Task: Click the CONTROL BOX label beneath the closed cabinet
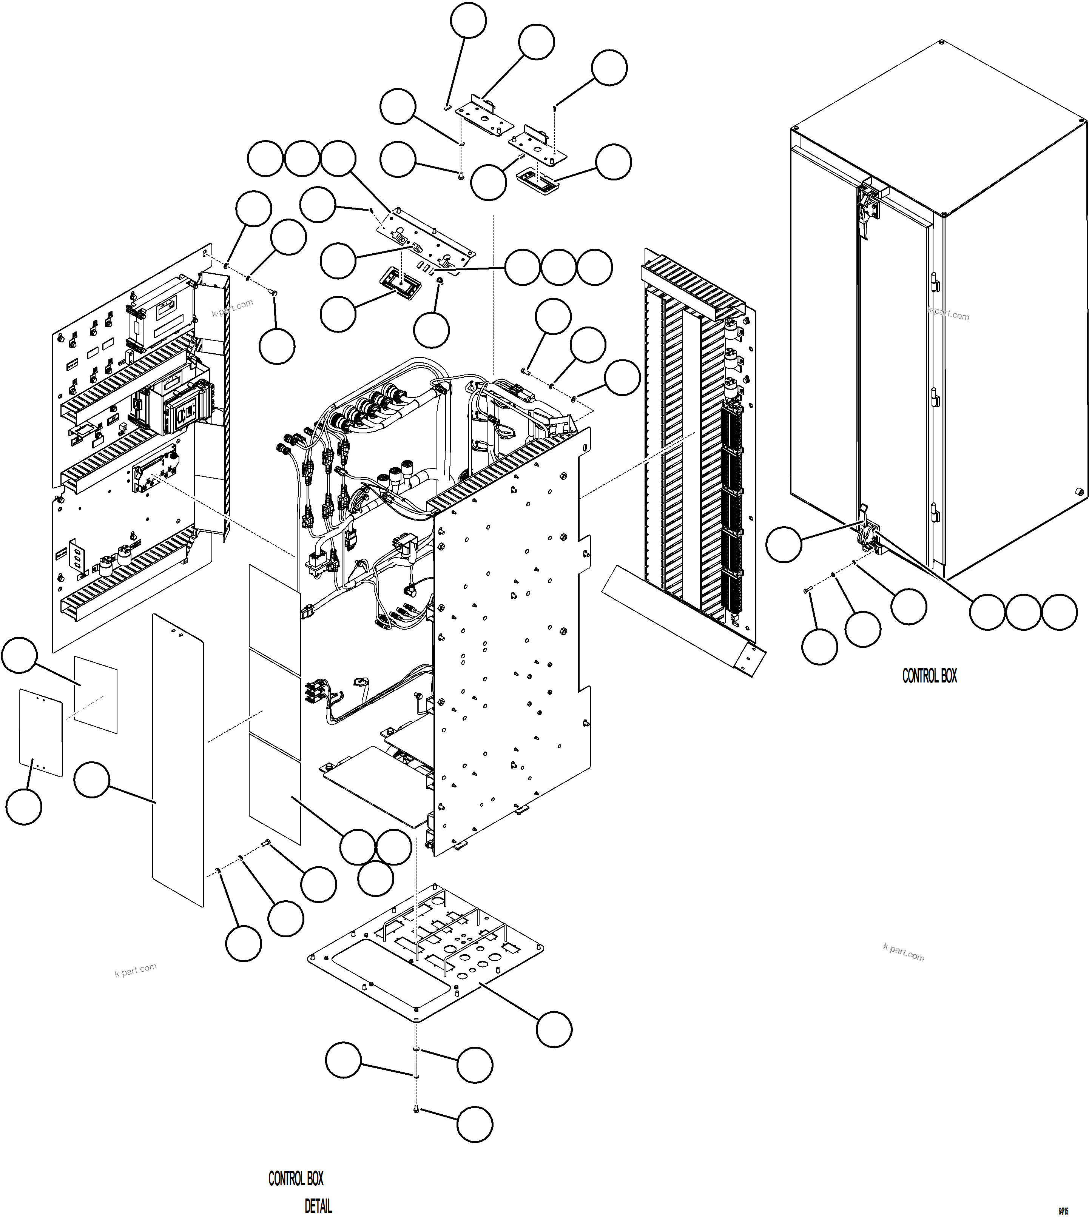point(929,676)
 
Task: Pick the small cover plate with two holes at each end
point(41,733)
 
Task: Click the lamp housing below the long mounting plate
point(400,283)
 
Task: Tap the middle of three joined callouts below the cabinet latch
point(1023,612)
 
